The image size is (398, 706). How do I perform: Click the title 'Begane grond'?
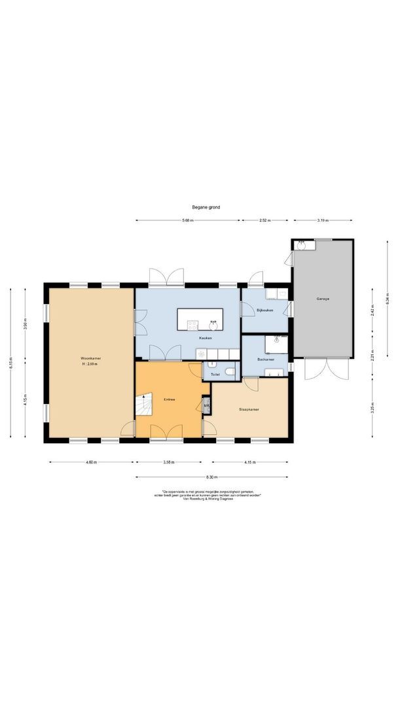tap(206, 207)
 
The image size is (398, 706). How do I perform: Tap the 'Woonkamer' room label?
tap(90, 359)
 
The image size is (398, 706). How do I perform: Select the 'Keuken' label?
tap(205, 338)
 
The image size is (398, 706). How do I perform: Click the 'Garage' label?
tap(323, 298)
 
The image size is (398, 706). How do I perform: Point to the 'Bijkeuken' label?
tap(264, 310)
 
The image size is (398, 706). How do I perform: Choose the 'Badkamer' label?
tap(265, 360)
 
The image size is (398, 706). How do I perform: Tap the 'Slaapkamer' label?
tap(249, 409)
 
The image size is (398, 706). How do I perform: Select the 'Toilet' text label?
tap(215, 375)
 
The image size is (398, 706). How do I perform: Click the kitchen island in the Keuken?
tap(200, 320)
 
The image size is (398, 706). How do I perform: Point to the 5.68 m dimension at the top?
tap(188, 220)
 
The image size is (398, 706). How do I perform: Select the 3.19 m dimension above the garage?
tap(322, 220)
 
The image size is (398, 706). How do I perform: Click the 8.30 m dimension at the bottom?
tap(211, 477)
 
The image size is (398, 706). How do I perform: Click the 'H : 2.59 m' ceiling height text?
tap(90, 364)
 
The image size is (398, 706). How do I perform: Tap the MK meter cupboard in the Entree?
tap(206, 406)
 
